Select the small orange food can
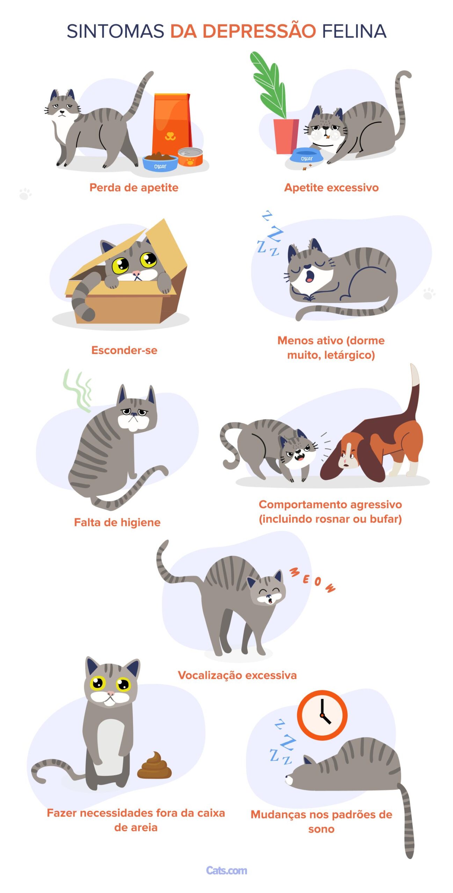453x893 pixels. coord(190,157)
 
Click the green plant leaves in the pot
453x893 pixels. coord(268,85)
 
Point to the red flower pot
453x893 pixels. coord(286,136)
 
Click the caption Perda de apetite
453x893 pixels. coord(134,187)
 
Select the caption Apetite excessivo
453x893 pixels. coord(331,187)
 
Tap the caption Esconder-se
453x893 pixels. coord(124,350)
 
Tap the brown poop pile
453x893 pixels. coord(154,765)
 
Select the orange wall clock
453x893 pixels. coord(322,715)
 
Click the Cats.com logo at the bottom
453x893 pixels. coord(226,870)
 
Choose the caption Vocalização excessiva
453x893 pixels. coord(237,675)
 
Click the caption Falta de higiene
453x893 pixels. coord(117,522)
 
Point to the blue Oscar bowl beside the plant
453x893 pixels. coord(306,157)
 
